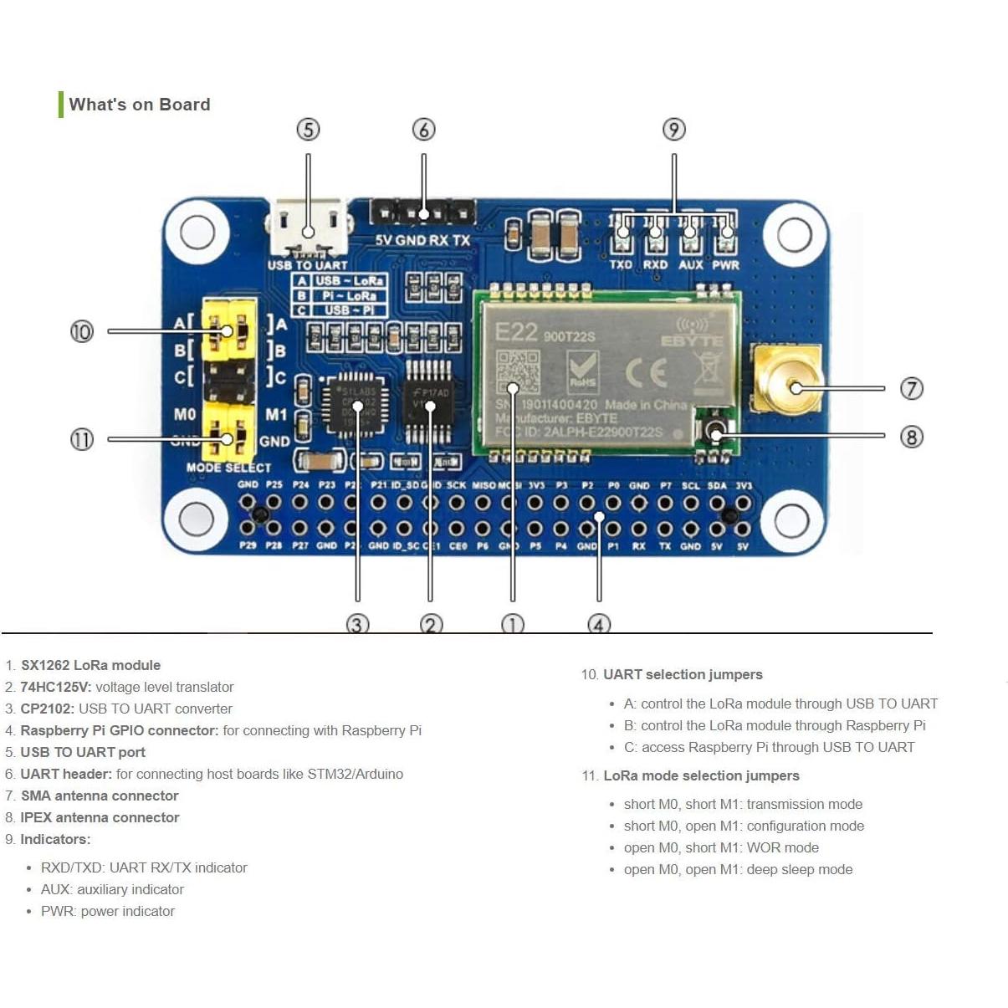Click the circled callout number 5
pos(308,130)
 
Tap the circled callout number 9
pos(673,130)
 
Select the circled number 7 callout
pos(911,388)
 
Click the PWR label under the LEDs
pos(725,264)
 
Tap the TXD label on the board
pos(621,264)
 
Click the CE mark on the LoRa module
pos(646,371)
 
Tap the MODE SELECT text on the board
pos(228,468)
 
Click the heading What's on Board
pos(139,105)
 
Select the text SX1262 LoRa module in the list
pos(90,665)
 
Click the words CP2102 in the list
pos(47,709)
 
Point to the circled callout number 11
pos(81,439)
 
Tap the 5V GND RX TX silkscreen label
pos(422,240)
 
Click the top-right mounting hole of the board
pos(793,235)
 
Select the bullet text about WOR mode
pos(721,847)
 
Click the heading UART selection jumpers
pos(683,674)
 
